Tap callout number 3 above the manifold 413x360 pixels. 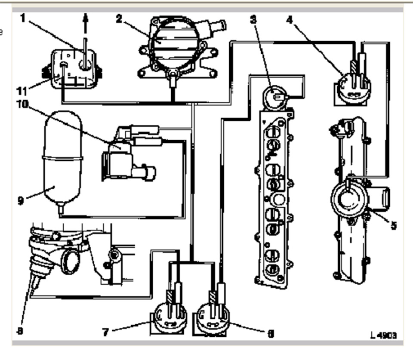coord(254,19)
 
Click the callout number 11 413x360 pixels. coord(21,91)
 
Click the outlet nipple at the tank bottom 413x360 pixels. coord(61,209)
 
